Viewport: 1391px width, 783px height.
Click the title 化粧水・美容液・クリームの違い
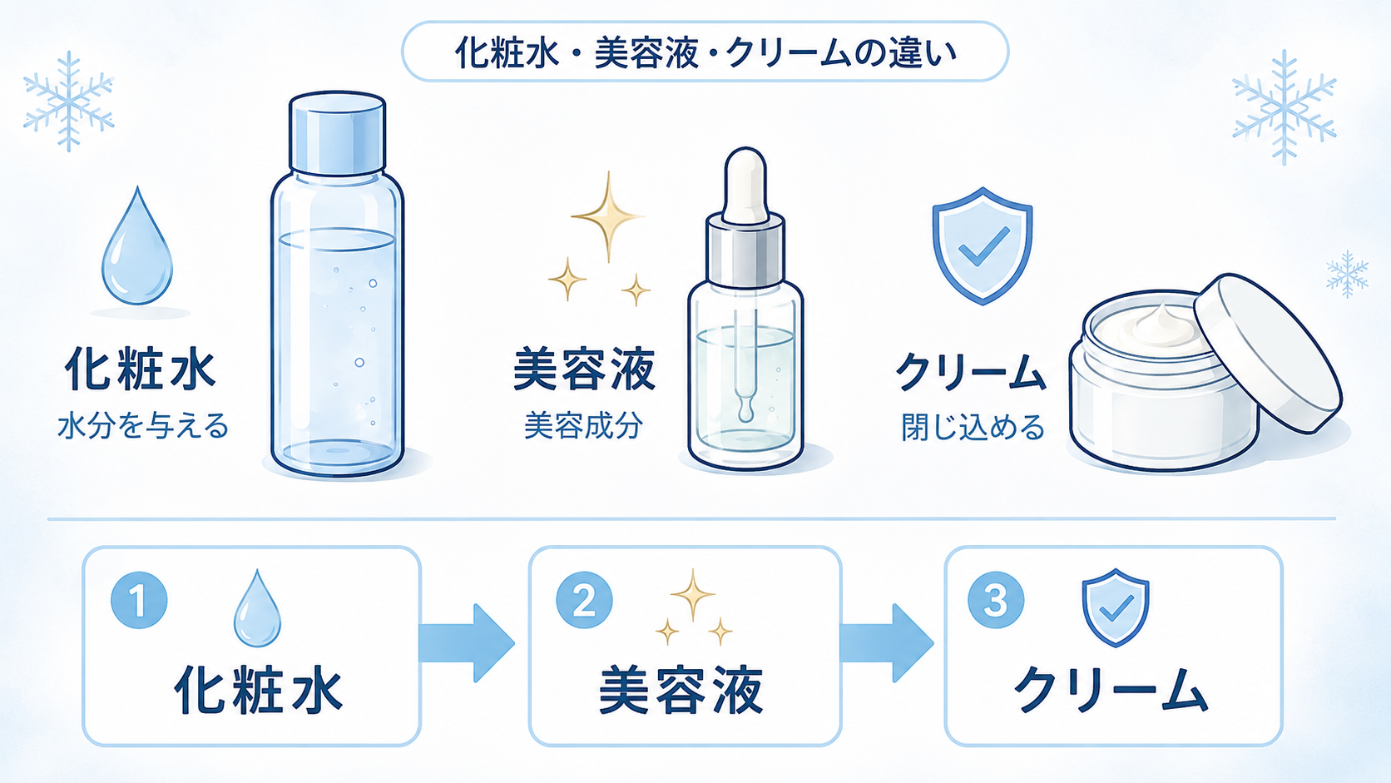pos(706,52)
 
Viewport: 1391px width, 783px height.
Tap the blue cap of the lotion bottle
pos(337,133)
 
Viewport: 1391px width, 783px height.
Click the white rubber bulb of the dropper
pos(745,185)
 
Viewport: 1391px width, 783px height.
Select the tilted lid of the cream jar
pos(1267,352)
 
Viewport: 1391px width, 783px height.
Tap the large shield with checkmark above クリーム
pos(983,246)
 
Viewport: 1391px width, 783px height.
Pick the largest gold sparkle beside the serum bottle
pos(609,216)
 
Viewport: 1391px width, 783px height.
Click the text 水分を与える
pos(143,427)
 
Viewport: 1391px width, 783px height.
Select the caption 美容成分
pos(583,426)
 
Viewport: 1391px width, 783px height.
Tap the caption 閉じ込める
pos(973,427)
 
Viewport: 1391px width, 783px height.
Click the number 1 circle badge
pos(139,601)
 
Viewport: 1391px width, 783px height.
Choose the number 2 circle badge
pos(584,601)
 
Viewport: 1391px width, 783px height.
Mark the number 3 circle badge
pos(996,601)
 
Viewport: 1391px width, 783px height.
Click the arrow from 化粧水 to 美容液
pos(467,642)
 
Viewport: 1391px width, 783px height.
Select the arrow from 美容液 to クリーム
pos(887,642)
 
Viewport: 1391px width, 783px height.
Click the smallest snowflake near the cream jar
pos(1347,274)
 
